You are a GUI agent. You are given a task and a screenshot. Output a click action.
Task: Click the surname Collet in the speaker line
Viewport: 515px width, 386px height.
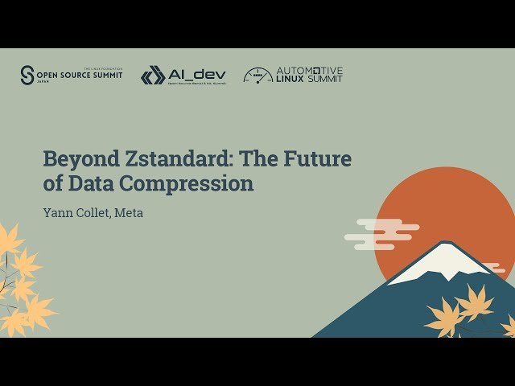click(x=93, y=213)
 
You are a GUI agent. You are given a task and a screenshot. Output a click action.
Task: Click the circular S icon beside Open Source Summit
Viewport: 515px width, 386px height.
click(x=28, y=75)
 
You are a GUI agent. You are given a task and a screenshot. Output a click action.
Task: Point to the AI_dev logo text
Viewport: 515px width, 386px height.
click(x=196, y=75)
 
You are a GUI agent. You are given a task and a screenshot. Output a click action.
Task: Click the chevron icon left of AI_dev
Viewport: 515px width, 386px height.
click(x=153, y=76)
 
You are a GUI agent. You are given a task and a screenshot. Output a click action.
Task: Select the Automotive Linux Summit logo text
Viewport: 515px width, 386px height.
click(x=309, y=75)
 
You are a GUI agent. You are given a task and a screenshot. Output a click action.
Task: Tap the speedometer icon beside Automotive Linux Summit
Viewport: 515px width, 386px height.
click(x=257, y=76)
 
